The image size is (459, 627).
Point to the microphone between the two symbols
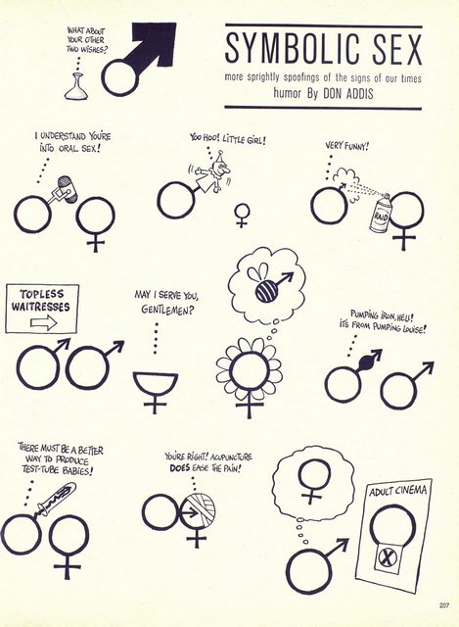(67, 190)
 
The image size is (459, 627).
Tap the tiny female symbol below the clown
(242, 216)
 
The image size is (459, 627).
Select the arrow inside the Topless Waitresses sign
(44, 321)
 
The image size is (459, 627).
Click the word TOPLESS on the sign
(41, 294)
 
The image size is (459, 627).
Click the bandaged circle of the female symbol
(197, 511)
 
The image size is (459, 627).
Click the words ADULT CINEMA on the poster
(397, 491)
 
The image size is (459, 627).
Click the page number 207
(443, 605)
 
